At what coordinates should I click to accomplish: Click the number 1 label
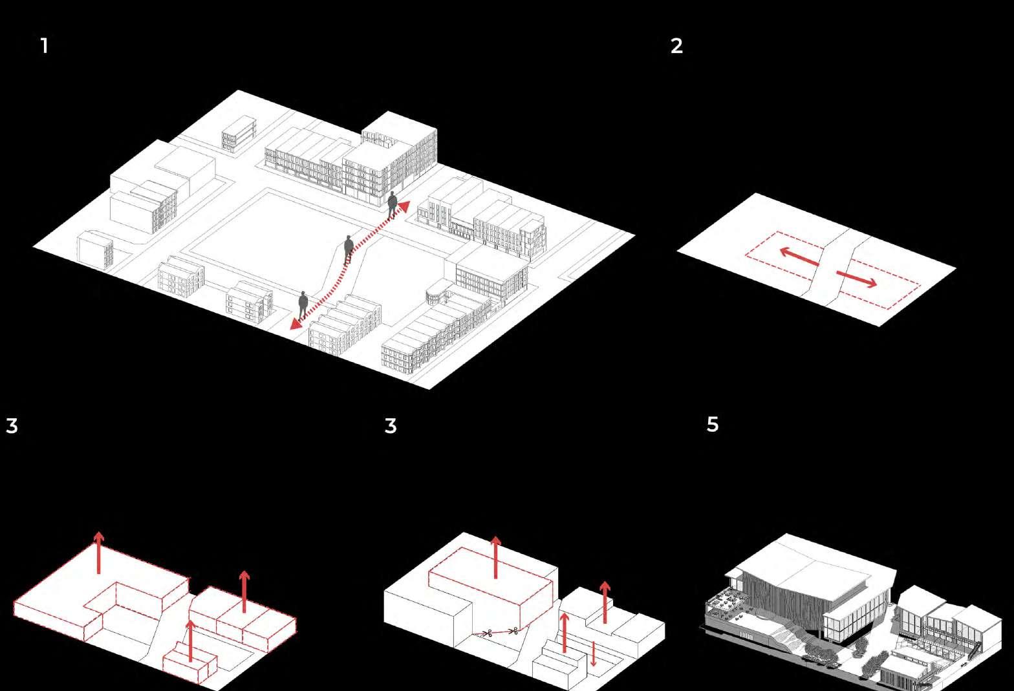(44, 46)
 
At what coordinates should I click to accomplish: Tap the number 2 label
(676, 46)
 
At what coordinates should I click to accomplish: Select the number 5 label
(712, 425)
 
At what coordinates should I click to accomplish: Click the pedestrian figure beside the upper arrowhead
(392, 205)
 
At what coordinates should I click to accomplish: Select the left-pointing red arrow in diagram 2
(799, 257)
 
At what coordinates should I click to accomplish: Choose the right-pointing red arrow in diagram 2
(857, 279)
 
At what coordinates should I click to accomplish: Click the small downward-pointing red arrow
(594, 654)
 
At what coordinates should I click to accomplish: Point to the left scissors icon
(489, 633)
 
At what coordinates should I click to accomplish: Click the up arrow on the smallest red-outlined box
(190, 640)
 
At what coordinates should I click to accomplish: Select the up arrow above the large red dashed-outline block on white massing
(495, 557)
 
